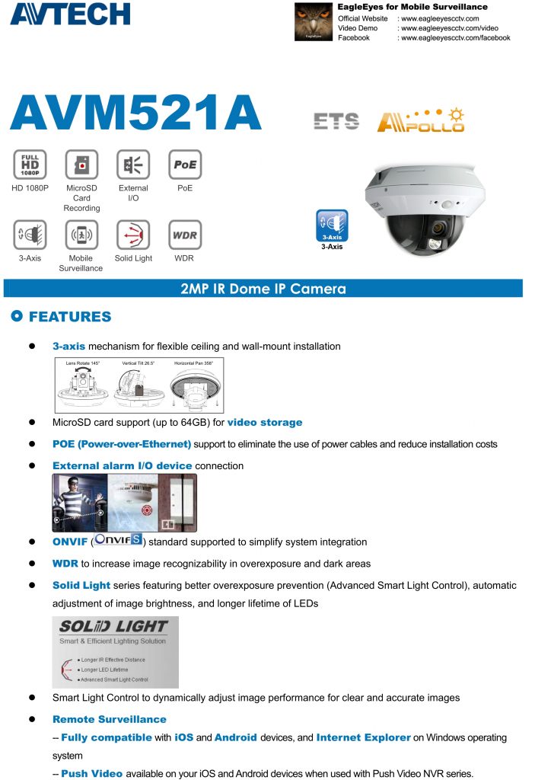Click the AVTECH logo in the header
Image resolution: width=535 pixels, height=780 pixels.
click(x=69, y=13)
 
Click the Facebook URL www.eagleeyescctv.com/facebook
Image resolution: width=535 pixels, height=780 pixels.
click(x=455, y=38)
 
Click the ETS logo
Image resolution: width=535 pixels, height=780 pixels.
click(x=336, y=121)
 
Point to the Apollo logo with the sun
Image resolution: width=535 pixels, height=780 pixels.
click(x=420, y=120)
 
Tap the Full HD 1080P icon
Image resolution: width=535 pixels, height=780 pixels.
click(x=30, y=165)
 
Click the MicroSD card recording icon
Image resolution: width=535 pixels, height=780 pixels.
click(x=81, y=165)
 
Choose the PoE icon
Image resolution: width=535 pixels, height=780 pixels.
click(x=184, y=165)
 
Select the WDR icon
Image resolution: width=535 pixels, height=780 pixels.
click(x=184, y=235)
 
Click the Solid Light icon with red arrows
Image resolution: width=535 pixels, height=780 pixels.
click(x=133, y=235)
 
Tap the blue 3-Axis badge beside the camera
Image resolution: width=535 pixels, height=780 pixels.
click(x=331, y=226)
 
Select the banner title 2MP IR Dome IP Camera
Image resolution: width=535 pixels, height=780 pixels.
click(x=263, y=289)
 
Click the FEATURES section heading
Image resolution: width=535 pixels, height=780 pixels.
click(x=70, y=317)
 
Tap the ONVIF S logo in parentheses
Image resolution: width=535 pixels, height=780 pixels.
click(x=118, y=542)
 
